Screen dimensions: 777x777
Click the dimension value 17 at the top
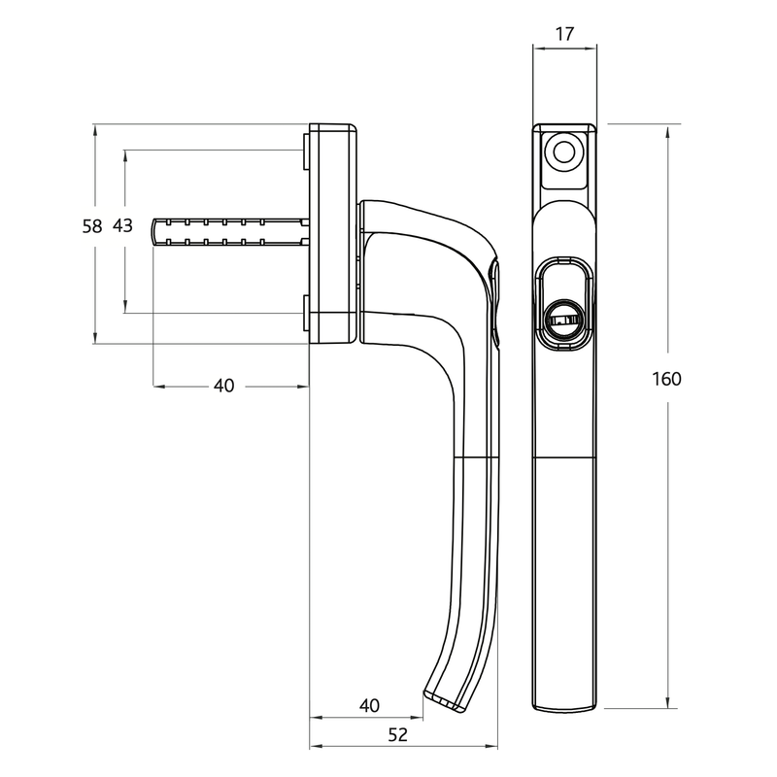(563, 34)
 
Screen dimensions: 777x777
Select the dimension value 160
(667, 379)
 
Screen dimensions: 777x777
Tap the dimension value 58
(92, 226)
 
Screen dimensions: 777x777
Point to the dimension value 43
(122, 226)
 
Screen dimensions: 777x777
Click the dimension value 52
(397, 735)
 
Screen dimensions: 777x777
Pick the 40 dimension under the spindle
(223, 386)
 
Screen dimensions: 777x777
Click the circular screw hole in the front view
(562, 151)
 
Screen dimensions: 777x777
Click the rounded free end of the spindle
(156, 230)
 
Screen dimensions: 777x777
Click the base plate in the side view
(331, 233)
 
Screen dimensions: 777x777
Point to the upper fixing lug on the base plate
(305, 151)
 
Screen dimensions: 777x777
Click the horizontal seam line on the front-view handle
(562, 456)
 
